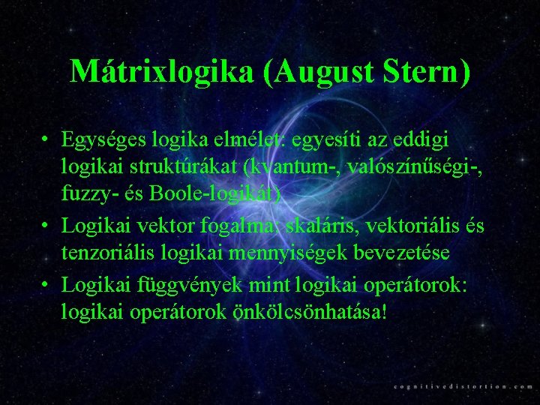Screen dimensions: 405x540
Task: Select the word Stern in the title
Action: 426,71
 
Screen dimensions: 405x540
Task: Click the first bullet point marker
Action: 46,140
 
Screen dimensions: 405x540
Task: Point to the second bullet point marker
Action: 46,224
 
